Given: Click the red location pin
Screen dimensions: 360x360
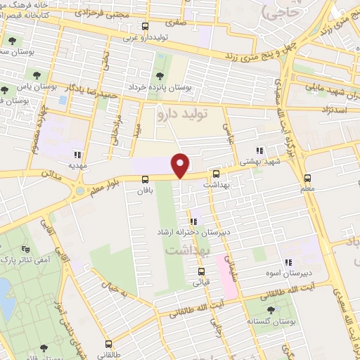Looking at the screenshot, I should click(x=181, y=165).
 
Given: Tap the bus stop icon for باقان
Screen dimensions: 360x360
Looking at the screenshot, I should click(x=145, y=179).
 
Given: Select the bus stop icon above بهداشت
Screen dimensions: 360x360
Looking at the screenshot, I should click(x=216, y=174).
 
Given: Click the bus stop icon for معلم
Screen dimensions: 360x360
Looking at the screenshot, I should click(x=307, y=178).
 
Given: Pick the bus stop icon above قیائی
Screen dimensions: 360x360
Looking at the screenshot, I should click(x=201, y=272).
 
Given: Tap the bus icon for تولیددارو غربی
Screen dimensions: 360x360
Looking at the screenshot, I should click(x=145, y=27).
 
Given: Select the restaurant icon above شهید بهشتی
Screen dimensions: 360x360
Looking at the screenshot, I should click(x=259, y=150).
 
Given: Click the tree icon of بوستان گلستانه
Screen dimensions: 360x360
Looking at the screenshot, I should click(x=271, y=310).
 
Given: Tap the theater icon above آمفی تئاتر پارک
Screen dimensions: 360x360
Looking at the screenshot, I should click(x=26, y=248).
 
